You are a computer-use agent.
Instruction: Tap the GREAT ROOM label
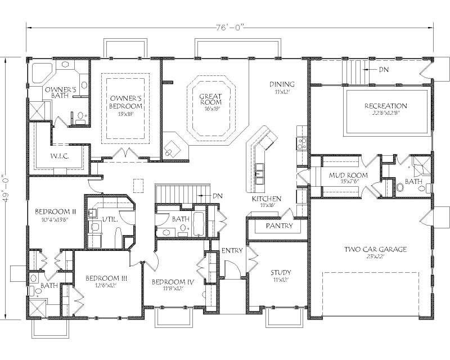(210, 100)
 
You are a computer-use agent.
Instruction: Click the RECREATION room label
(385, 106)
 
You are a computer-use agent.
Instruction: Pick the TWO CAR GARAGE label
(376, 249)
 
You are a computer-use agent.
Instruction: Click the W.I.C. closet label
(59, 156)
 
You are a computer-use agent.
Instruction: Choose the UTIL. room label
(110, 220)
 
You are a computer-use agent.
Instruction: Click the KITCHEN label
(263, 199)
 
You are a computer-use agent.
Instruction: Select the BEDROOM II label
(51, 211)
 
